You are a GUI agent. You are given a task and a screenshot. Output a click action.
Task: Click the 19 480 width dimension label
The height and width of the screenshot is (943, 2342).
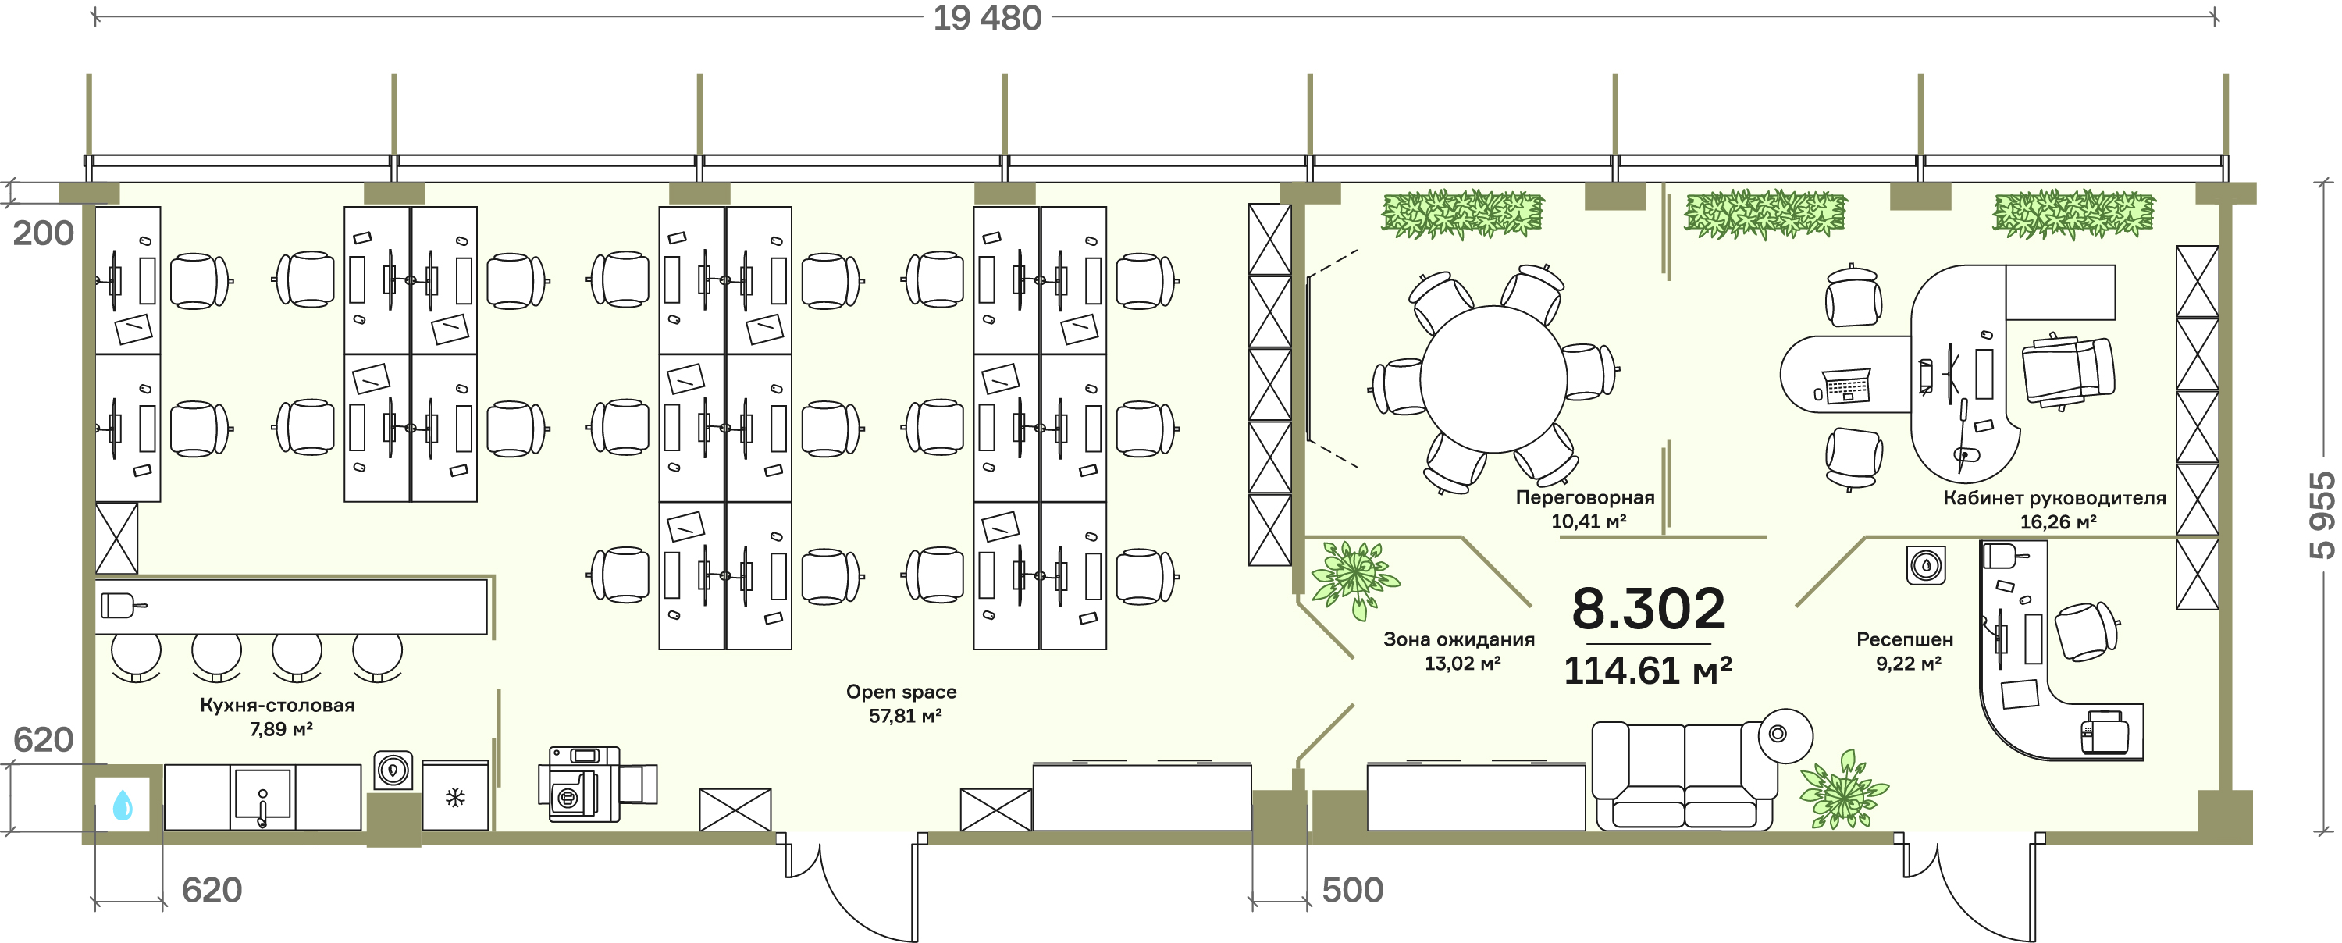[x=988, y=18]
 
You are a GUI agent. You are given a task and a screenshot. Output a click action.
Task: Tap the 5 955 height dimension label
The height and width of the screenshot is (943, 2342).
[x=2321, y=514]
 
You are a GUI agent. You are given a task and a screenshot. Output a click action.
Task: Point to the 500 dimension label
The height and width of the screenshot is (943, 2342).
[x=1352, y=889]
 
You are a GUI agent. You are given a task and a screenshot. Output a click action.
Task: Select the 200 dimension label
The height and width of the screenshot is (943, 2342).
[x=43, y=233]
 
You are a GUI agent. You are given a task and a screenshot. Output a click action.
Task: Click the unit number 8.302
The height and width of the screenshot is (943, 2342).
[x=1648, y=608]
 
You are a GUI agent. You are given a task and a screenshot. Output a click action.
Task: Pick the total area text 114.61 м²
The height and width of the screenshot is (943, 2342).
[x=1647, y=671]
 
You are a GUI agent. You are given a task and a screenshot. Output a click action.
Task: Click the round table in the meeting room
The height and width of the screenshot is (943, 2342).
[x=1493, y=379]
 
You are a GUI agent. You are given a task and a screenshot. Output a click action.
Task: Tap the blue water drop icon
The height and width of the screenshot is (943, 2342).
[x=123, y=805]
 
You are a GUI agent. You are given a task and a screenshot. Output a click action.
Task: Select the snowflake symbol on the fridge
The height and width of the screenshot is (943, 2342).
[x=455, y=799]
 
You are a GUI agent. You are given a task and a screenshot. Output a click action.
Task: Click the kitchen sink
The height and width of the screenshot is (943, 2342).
[x=263, y=795]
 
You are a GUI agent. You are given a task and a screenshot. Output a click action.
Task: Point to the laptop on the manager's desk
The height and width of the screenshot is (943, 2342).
[x=1846, y=386]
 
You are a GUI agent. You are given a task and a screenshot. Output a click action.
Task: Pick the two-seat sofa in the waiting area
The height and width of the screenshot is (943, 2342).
[x=1685, y=776]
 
